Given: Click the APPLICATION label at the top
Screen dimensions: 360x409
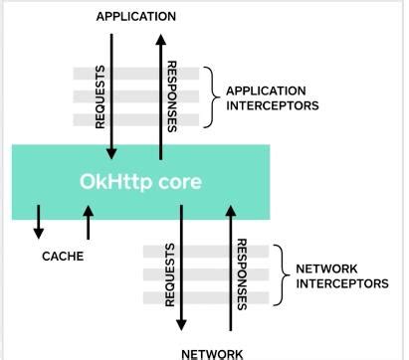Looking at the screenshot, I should coord(135,16).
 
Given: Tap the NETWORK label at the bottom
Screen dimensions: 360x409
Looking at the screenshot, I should coord(211,352).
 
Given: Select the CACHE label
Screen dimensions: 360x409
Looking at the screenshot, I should coord(62,256).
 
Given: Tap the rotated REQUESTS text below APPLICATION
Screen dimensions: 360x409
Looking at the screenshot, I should coord(99,97).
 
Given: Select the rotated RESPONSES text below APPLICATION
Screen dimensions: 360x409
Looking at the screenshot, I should coord(173,97).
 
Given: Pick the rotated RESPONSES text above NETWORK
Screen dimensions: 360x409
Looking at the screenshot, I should coord(242,274).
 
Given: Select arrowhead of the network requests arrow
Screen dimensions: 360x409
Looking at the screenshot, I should coord(181,325).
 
